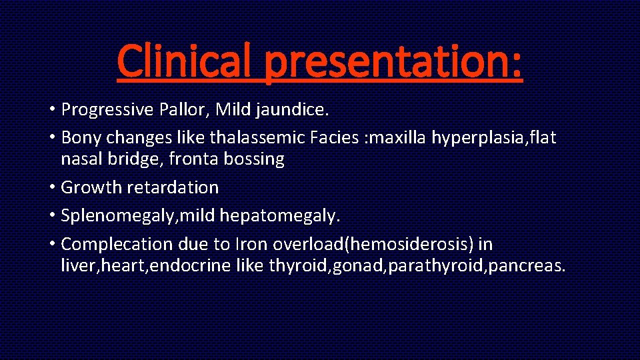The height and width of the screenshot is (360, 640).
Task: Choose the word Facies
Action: tap(337, 137)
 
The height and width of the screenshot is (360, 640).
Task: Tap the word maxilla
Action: tap(401, 137)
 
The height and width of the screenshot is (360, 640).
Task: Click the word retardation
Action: tap(175, 187)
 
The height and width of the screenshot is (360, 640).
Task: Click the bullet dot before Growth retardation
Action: tap(53, 187)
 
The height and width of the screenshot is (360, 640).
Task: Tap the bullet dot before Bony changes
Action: tap(53, 137)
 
